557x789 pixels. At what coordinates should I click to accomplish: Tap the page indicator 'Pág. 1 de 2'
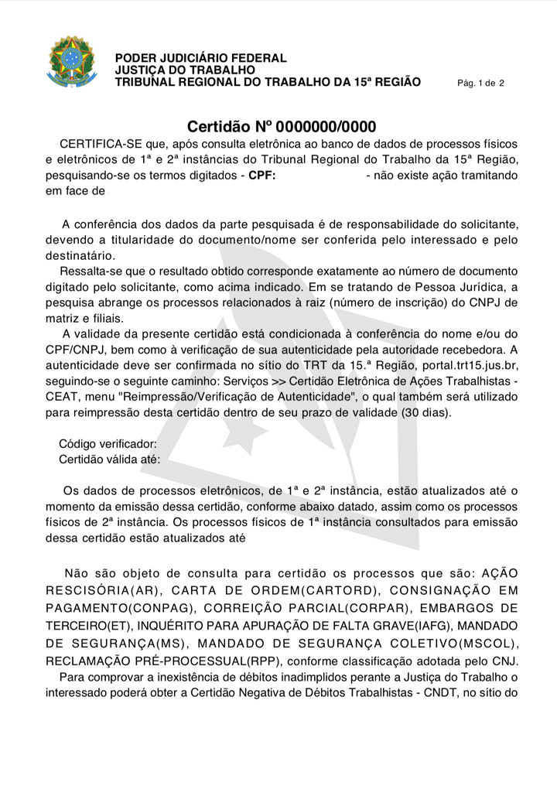[x=480, y=83]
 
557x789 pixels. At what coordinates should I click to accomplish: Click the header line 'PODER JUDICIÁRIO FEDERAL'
[x=200, y=58]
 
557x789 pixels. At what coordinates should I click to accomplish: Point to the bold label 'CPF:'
[x=262, y=175]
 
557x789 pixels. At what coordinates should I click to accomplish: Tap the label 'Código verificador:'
[x=108, y=444]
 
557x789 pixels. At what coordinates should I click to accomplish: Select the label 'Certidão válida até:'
[x=110, y=459]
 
